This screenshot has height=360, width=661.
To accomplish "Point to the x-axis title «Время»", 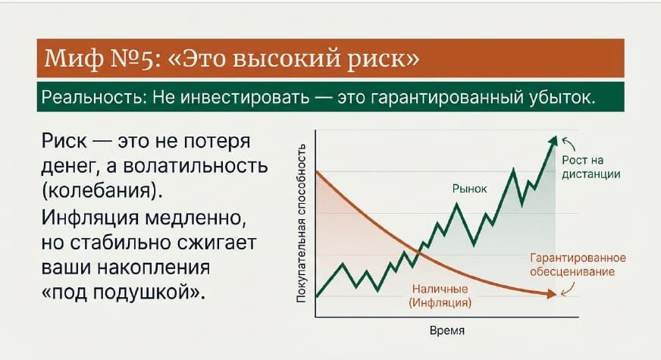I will [446, 331].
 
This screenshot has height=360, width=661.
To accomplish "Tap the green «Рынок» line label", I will [469, 189].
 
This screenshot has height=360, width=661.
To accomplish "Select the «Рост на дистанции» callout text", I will [591, 167].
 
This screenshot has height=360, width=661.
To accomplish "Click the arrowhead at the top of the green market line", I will [553, 140].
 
